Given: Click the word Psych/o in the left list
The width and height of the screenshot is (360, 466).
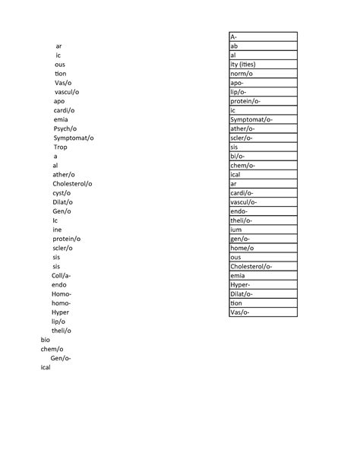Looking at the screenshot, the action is (x=64, y=128).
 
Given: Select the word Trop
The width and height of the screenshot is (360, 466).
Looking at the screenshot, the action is (x=60, y=147).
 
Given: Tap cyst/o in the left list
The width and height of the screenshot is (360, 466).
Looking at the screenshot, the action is (x=62, y=193).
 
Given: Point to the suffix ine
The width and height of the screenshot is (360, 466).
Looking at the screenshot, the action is (x=57, y=230).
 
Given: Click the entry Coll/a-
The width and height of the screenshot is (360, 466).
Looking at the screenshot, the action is (x=62, y=275).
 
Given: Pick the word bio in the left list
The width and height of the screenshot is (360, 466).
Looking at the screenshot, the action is (x=45, y=340).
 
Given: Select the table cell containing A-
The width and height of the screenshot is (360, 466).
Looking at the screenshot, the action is (x=263, y=36).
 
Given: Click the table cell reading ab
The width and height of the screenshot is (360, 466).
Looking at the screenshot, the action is (x=263, y=46).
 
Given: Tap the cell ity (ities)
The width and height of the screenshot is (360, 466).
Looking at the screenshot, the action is (x=263, y=64).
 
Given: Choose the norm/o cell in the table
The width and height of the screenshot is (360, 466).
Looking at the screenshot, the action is (x=263, y=73).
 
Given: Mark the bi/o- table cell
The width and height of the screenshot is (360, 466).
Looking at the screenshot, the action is (x=263, y=156).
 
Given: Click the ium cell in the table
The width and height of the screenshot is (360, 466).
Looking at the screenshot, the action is (x=263, y=230).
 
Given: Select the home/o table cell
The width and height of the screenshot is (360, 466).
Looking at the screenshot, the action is (x=263, y=248).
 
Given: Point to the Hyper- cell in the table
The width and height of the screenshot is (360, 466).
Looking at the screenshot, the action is (x=263, y=284).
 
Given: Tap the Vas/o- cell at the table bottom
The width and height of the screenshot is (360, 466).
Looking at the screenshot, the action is (x=263, y=312).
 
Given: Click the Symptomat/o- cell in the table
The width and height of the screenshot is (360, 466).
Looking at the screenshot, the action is (x=263, y=119).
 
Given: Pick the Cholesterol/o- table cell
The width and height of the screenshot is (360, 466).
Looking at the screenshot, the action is (x=263, y=266).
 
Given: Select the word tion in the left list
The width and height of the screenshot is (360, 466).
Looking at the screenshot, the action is (x=60, y=73).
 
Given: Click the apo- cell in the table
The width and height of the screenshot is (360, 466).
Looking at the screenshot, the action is (x=263, y=82).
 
